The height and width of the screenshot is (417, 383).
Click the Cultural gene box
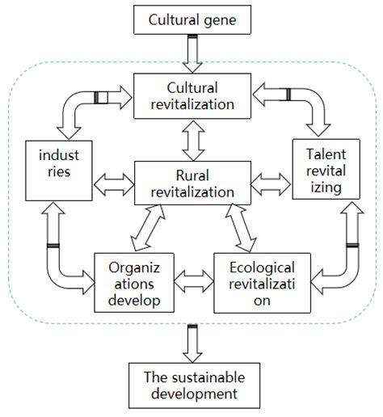[191, 19]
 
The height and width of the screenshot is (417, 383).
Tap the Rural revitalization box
[191, 183]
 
